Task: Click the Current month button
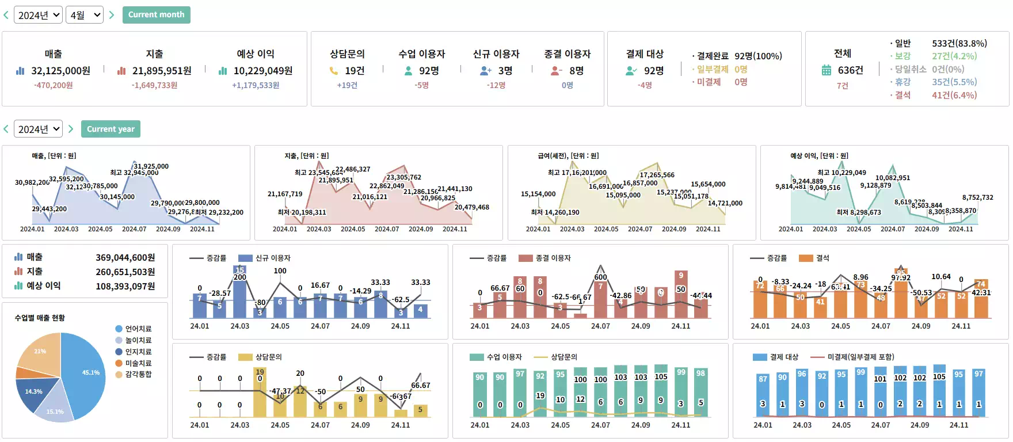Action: point(156,15)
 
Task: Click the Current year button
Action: point(111,129)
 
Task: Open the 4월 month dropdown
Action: point(85,15)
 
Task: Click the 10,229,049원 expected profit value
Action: point(262,71)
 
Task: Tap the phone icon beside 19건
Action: point(334,71)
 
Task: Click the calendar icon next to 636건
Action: point(827,70)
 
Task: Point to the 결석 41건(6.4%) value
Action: point(954,95)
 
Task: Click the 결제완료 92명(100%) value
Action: point(758,56)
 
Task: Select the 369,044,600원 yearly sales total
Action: point(125,257)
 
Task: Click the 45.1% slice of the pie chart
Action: point(86,374)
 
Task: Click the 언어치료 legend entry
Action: point(138,329)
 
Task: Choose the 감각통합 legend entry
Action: point(138,374)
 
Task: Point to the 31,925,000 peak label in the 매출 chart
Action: point(151,166)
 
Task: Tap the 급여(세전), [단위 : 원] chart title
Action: point(568,155)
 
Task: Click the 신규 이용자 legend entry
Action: point(272,258)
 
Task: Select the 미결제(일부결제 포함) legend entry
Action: point(860,357)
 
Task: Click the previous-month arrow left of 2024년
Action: point(6,15)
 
